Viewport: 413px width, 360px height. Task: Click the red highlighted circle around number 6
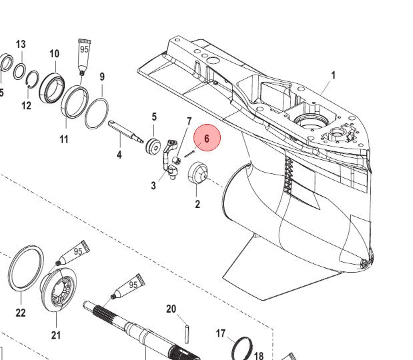pyautogui.click(x=207, y=138)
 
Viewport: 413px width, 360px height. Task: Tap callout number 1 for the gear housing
pyautogui.click(x=333, y=75)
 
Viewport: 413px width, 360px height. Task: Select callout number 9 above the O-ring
pyautogui.click(x=102, y=77)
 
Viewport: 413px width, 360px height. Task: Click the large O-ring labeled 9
pyautogui.click(x=97, y=114)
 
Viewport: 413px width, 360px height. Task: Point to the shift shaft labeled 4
pyautogui.click(x=125, y=131)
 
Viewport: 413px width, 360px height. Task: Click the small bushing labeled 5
pyautogui.click(x=153, y=145)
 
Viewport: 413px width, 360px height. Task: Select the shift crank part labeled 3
pyautogui.click(x=170, y=160)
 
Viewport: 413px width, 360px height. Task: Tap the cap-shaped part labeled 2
pyautogui.click(x=198, y=173)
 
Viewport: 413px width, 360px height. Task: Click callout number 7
pyautogui.click(x=189, y=121)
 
